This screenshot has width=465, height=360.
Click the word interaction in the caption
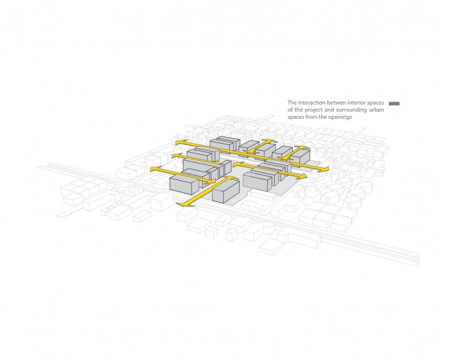[308, 102]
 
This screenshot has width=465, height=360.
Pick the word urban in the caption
[377, 110]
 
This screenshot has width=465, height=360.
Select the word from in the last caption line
[313, 117]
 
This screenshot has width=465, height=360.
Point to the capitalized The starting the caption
[292, 102]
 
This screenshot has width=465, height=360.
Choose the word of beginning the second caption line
[290, 110]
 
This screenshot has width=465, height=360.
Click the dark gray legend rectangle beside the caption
[394, 104]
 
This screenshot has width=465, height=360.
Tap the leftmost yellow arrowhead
[154, 169]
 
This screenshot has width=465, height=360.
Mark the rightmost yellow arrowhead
[325, 169]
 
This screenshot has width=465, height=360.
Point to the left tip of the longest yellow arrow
[176, 143]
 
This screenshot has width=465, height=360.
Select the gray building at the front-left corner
[184, 184]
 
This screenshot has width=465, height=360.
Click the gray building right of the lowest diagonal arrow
[226, 191]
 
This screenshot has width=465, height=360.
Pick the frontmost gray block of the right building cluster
[257, 181]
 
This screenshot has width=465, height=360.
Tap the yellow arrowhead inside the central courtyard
[237, 164]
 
